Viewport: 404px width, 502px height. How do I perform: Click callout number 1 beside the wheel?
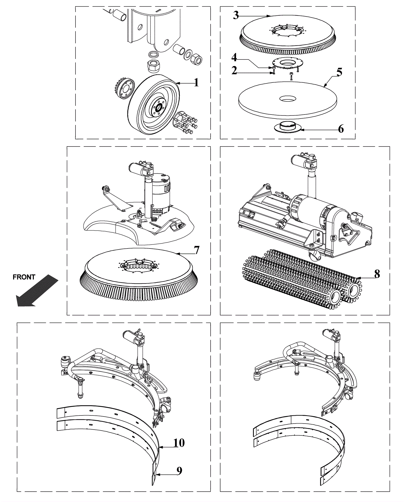[196, 82]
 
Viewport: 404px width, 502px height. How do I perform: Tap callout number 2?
[234, 70]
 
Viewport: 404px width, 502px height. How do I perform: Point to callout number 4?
[234, 57]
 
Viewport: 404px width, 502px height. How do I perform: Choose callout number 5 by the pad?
[339, 72]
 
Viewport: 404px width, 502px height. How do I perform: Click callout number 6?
[341, 129]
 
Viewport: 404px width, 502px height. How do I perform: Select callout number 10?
[179, 443]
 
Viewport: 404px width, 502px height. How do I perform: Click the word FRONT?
[24, 277]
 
